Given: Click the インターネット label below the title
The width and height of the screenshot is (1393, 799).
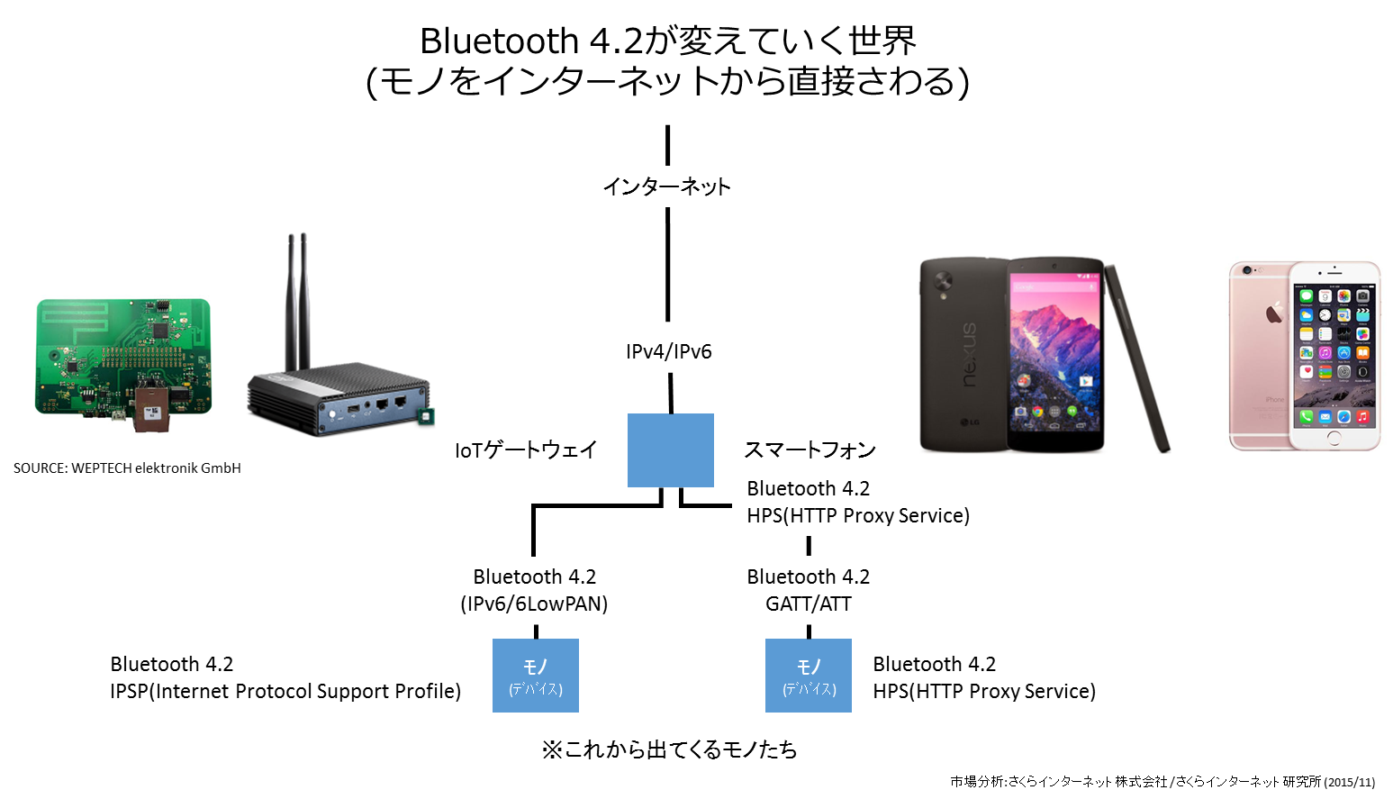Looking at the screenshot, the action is (667, 186).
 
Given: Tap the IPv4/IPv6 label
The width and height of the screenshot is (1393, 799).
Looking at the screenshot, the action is (668, 351).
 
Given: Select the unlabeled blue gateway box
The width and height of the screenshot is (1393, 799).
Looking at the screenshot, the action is (670, 449).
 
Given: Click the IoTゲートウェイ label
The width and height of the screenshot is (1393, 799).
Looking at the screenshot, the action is (526, 449).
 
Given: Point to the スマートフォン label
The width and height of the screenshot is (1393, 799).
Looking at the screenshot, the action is (810, 449).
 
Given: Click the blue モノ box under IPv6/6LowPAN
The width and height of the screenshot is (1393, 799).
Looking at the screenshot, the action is (536, 676).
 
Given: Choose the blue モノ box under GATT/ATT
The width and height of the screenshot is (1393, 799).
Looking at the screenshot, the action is (809, 676).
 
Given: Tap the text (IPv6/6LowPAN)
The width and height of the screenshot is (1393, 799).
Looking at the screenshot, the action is (534, 604).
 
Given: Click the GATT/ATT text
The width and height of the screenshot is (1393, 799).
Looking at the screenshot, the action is (809, 604).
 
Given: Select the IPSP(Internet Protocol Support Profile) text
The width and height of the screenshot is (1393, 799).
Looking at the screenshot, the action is (285, 691).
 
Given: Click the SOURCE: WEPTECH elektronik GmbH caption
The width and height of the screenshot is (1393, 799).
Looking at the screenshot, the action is (127, 468).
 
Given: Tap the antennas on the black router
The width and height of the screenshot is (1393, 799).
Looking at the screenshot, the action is (297, 302).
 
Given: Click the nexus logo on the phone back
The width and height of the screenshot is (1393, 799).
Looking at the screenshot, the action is (969, 355).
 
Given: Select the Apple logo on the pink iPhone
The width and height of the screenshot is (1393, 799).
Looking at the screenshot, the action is (1274, 312).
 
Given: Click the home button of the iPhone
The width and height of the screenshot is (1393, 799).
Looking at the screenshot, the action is (1334, 438).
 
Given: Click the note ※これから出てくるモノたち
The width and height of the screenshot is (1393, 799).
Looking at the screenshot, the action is (669, 749).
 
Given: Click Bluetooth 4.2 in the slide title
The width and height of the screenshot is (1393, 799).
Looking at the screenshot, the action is (531, 41).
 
